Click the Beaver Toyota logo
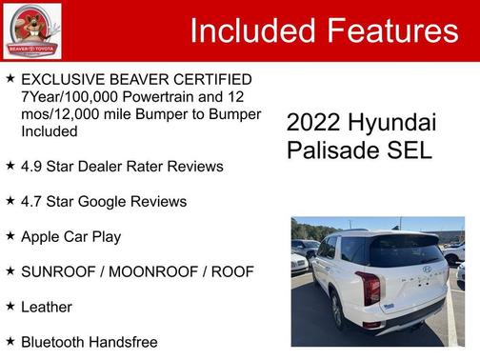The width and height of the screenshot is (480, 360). pyautogui.click(x=32, y=30)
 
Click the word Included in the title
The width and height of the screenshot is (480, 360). pyautogui.click(x=252, y=30)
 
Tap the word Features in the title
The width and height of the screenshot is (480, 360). pyautogui.click(x=391, y=30)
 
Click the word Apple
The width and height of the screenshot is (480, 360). pyautogui.click(x=43, y=236)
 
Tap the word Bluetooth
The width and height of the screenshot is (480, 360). pyautogui.click(x=55, y=341)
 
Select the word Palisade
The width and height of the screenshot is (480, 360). pyautogui.click(x=326, y=150)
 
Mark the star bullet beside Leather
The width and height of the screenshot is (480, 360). pyautogui.click(x=10, y=306)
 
